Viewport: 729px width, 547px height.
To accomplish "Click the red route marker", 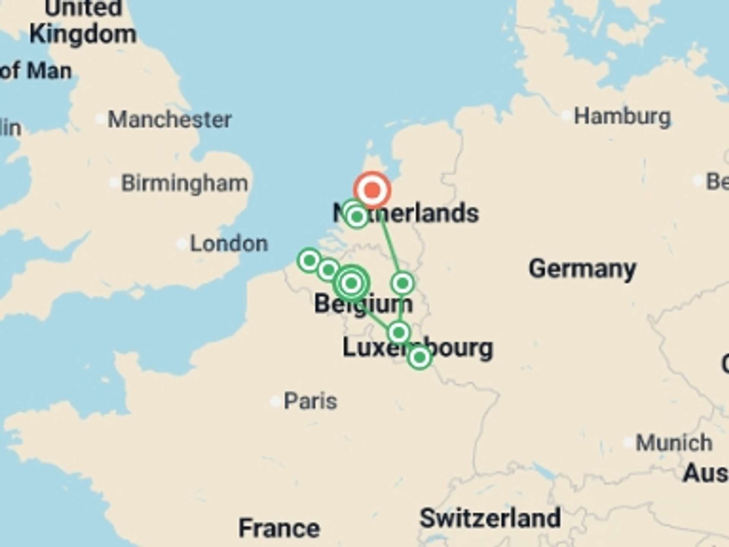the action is pos(372,190).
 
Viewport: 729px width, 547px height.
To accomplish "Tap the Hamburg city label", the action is pos(622,117).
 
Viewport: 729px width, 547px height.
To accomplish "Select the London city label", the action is pos(229,243).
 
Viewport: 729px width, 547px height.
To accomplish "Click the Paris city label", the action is pos(310,401).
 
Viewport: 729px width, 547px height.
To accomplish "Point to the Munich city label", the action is pos(674,443).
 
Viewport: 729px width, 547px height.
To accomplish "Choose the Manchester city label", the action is pos(170,120).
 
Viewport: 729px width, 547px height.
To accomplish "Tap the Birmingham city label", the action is pos(185,183).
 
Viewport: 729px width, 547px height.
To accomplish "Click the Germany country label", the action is pos(582,269).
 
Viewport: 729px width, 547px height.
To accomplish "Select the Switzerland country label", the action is pos(490,518).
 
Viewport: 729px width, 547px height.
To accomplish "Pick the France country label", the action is pos(279,528).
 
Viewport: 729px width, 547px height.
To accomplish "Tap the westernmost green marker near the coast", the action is pos(309,261).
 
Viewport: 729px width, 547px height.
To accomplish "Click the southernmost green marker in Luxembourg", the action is pos(419,357).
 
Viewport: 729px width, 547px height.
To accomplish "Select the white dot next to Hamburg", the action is pos(566,115).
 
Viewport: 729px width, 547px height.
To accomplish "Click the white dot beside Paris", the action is pos(275,402).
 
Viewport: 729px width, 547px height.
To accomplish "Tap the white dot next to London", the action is pos(182,244).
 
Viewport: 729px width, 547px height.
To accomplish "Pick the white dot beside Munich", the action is pos(628,442).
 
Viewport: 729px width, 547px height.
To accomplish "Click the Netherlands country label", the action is pos(406,213).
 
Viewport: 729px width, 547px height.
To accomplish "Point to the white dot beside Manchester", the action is pos(100,119).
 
